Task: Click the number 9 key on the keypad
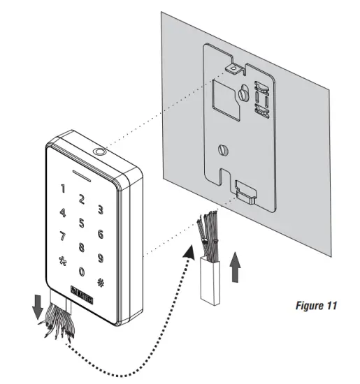coord(101,258)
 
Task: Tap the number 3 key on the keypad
coord(101,209)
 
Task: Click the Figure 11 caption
coord(316,306)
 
